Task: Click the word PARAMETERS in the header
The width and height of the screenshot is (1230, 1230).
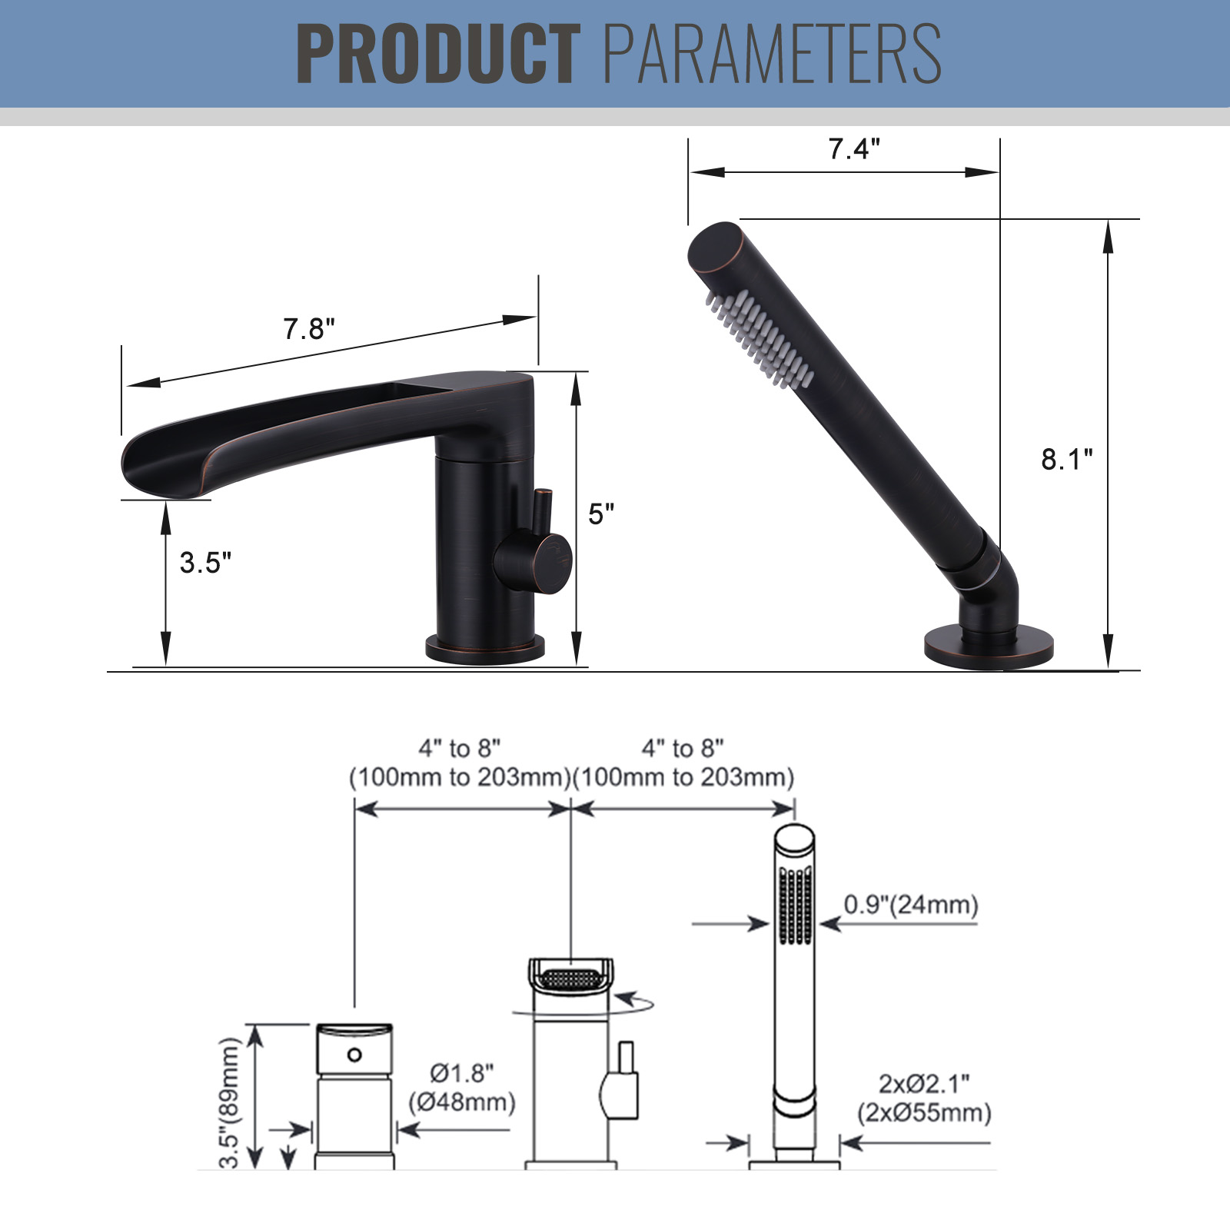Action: tap(773, 53)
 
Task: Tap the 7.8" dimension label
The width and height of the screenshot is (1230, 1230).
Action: tap(309, 329)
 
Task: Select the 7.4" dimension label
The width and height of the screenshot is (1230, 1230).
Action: tap(854, 148)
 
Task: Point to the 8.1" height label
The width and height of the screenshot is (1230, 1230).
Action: tap(1067, 460)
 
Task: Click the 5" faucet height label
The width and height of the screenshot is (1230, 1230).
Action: tap(601, 514)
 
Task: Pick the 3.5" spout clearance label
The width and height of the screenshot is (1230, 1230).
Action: tap(205, 563)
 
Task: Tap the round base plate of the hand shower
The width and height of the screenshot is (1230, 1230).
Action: tap(989, 647)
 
